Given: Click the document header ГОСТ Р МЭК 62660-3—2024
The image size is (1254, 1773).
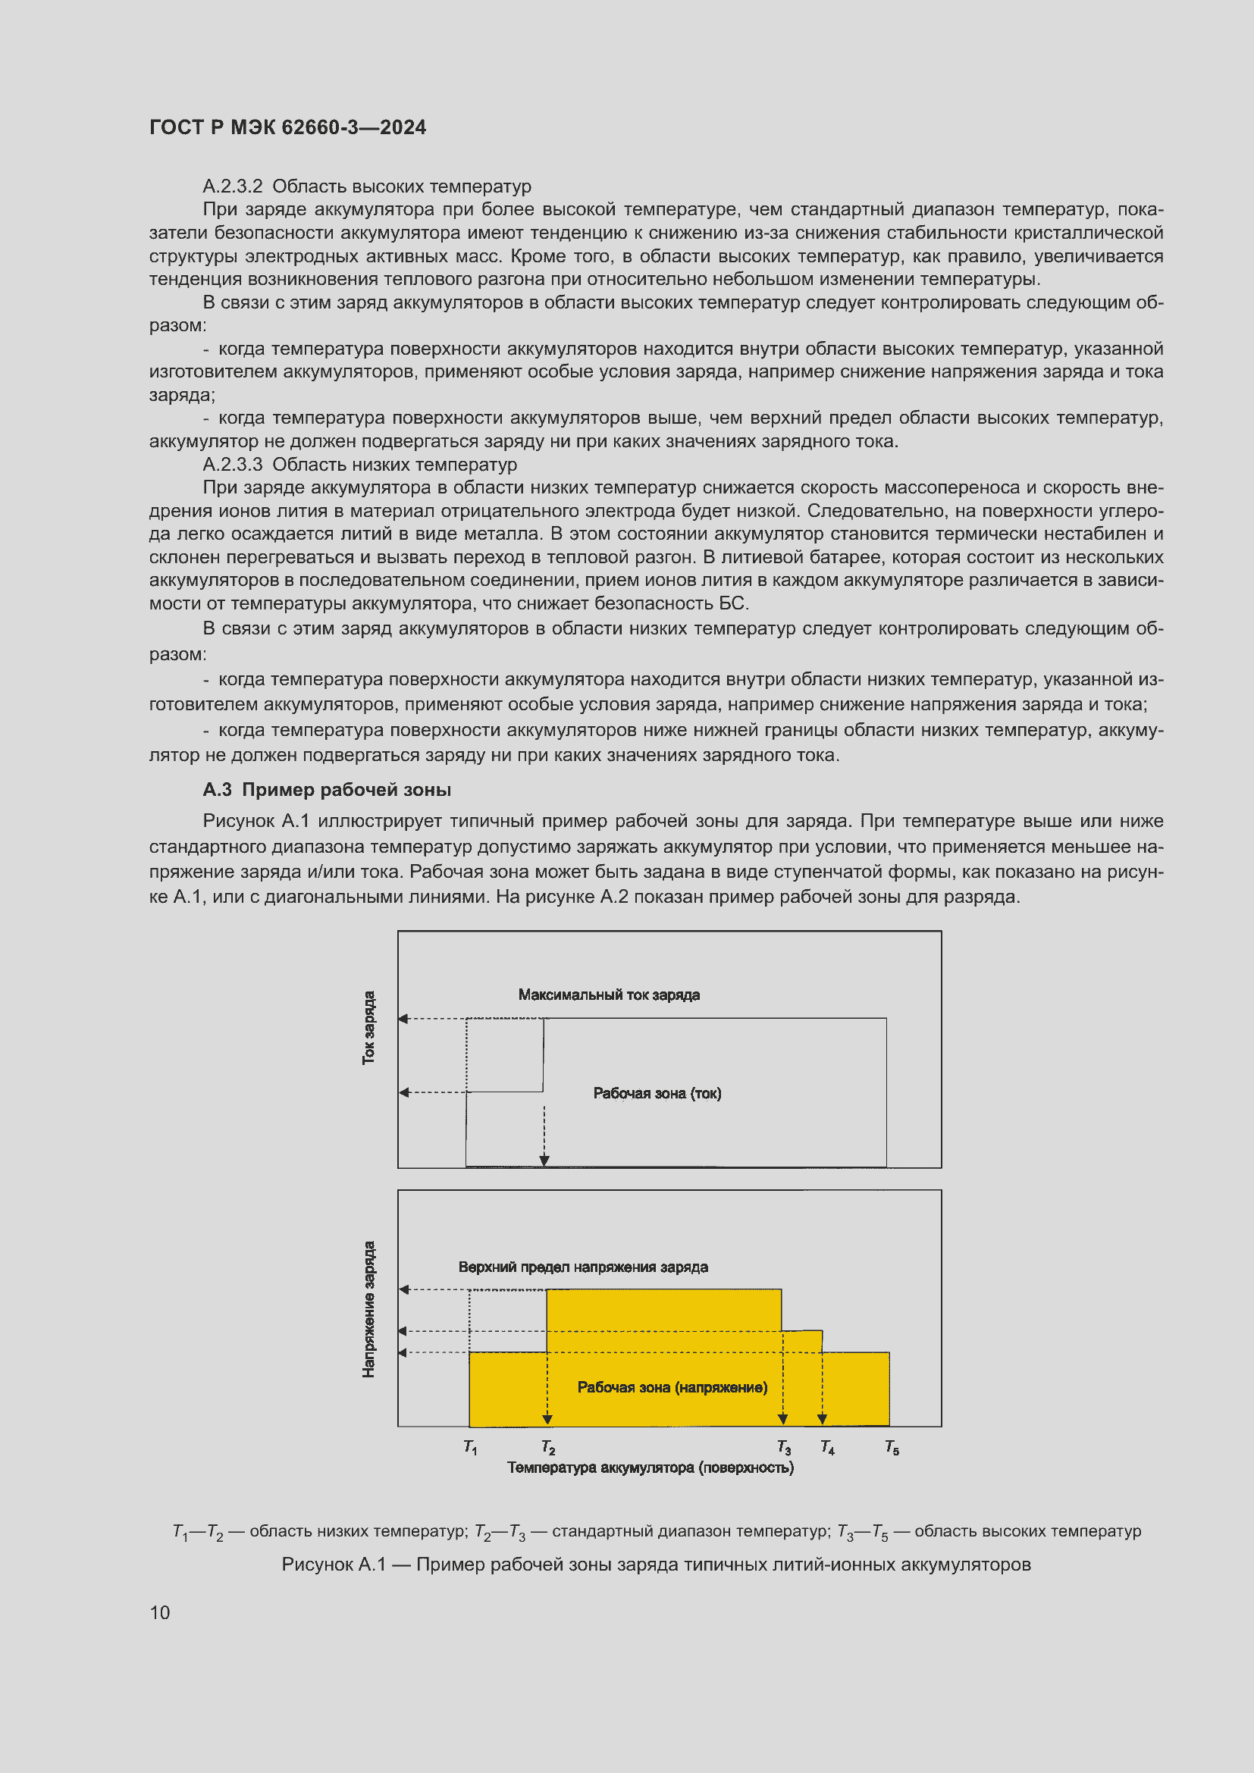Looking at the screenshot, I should pos(287,127).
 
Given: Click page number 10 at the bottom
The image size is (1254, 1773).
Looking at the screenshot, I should pos(160,1612).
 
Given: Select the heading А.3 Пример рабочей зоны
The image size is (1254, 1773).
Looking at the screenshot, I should pos(327,789).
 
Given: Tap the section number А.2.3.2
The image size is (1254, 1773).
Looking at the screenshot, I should pos(233,186).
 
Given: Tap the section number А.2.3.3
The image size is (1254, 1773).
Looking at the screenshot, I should pos(233,464).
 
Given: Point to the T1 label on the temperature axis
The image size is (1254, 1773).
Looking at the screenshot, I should pos(470,1446).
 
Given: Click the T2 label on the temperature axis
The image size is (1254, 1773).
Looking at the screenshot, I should pos(548,1446).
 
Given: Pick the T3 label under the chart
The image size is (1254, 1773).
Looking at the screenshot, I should pos(784,1446).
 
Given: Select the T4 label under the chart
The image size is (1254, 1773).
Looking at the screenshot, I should pos(827,1446).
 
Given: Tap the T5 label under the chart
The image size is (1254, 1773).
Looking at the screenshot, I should pos(892,1446).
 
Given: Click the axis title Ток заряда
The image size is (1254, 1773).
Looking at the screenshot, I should pos(369,1027).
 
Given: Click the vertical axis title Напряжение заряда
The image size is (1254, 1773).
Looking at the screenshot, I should pos(369,1309).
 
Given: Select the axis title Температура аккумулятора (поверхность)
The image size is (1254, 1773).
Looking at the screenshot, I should pos(651,1468).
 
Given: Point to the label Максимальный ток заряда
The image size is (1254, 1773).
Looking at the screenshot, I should pos(609,995).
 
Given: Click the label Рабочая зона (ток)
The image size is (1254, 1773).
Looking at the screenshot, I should pos(657,1093).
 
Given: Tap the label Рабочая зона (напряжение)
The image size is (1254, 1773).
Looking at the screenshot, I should pos(672,1387).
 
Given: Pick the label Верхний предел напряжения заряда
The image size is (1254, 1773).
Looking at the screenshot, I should pos(583,1267).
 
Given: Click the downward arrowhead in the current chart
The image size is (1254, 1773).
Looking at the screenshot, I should pos(544,1161).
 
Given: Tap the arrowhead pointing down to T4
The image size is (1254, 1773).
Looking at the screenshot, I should pos(823,1419).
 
